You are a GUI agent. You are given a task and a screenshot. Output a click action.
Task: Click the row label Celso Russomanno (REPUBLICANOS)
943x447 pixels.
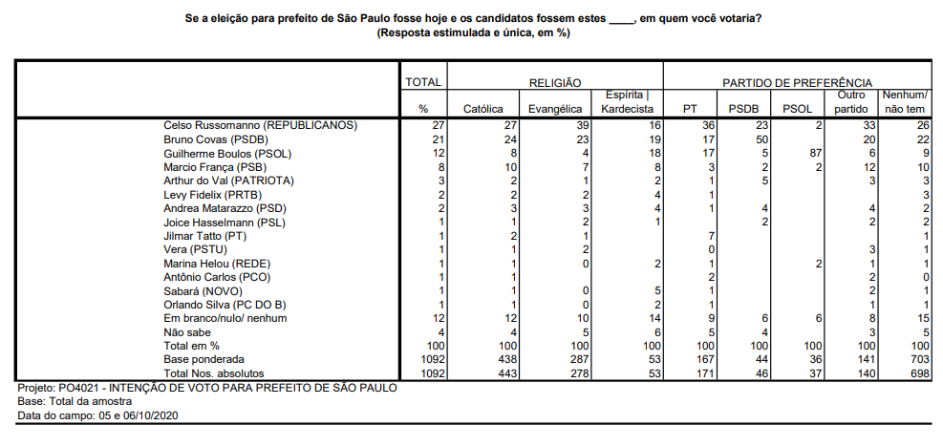pos(260,125)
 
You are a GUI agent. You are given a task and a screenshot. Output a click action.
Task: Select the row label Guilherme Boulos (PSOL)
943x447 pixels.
pos(227,153)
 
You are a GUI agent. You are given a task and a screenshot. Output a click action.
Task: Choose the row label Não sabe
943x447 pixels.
pos(187,331)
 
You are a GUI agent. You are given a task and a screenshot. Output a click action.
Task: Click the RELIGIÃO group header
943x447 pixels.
pos(555,83)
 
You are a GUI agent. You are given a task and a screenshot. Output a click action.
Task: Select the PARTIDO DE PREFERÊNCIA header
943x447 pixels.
pos(797,83)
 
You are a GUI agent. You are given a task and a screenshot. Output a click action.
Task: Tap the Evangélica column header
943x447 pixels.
pos(555,109)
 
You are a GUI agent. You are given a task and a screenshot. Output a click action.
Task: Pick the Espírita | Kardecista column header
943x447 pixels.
pos(627,102)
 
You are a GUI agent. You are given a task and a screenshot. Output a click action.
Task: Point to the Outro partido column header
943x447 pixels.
pos(851,102)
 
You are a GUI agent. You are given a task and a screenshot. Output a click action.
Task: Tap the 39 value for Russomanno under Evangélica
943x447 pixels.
pos(579,125)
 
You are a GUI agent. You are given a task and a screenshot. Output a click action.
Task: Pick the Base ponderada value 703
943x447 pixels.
pos(920,359)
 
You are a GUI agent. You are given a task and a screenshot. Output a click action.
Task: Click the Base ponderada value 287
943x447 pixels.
pos(577,359)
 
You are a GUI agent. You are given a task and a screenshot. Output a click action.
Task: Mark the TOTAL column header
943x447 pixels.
pos(422,83)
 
